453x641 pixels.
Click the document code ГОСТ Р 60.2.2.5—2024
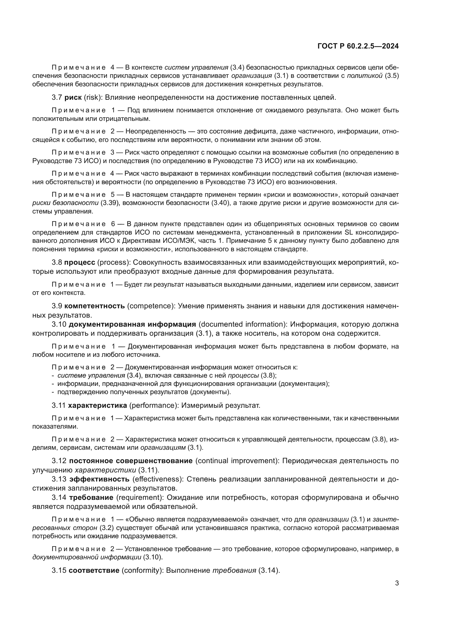358,46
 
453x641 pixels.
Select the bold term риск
73,98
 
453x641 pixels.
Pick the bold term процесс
79,263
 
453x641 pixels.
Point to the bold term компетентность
94,306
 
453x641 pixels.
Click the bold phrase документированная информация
132,324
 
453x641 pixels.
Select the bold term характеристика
97,405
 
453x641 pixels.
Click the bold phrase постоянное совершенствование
131,461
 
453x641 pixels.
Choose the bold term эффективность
99,479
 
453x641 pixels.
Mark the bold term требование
91,497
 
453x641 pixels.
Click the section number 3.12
59,461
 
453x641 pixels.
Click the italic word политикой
364,76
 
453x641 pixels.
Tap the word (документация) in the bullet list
304,384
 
